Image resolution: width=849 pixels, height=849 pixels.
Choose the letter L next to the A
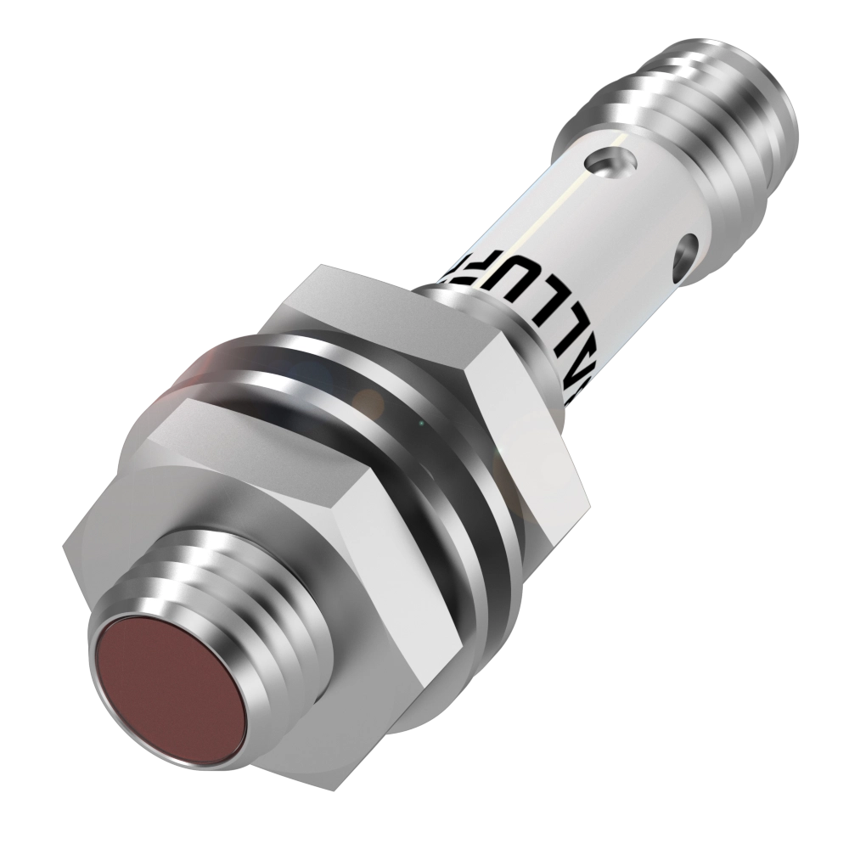pyautogui.click(x=503, y=333)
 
